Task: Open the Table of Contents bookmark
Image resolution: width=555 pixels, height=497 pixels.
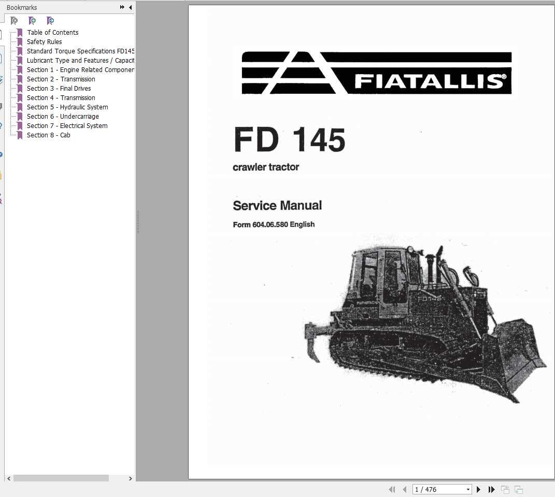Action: (x=52, y=32)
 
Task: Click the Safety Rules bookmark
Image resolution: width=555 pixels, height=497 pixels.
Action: (x=44, y=41)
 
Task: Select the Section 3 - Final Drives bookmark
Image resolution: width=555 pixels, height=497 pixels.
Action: (x=59, y=88)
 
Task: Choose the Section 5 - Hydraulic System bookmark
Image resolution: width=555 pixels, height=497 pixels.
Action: (x=67, y=107)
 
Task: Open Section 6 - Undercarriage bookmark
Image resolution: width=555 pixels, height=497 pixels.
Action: (x=63, y=116)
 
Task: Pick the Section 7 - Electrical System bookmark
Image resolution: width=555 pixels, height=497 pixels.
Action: (x=67, y=125)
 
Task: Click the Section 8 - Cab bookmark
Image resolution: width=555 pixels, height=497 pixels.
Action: (x=48, y=135)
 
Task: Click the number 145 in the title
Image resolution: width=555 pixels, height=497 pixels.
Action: (x=319, y=140)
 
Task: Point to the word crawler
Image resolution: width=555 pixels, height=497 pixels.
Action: (x=249, y=167)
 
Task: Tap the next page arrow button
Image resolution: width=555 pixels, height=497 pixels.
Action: (x=478, y=489)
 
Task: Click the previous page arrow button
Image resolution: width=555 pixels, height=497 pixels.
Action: (x=402, y=489)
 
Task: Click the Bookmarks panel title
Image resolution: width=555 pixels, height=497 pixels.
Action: (x=22, y=7)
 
